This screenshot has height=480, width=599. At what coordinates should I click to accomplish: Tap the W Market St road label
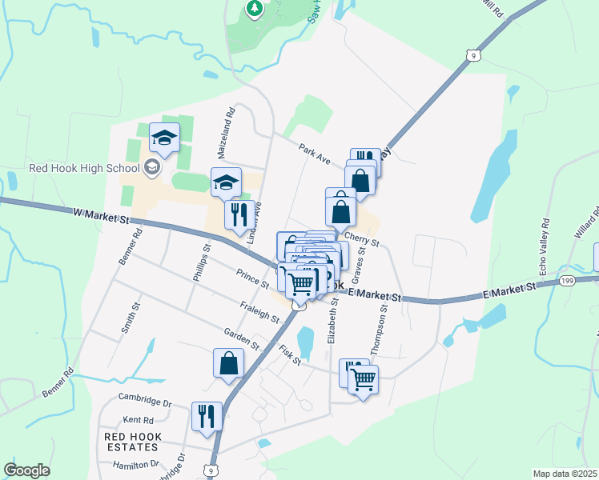[100, 214]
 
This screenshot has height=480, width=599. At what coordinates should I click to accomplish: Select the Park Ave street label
[315, 154]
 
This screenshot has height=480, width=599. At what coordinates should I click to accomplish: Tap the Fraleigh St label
[259, 312]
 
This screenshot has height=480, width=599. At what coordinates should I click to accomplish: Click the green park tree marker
[255, 8]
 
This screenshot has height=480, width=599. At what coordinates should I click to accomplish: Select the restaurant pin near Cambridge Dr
[206, 415]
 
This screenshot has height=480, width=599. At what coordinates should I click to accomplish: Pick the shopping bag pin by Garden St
[228, 362]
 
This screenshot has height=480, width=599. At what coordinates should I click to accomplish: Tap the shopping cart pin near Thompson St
[363, 379]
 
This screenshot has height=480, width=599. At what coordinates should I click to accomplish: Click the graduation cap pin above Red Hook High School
[164, 138]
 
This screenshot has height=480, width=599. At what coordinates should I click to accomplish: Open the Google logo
[26, 470]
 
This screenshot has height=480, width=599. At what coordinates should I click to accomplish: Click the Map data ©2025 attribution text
[565, 474]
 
